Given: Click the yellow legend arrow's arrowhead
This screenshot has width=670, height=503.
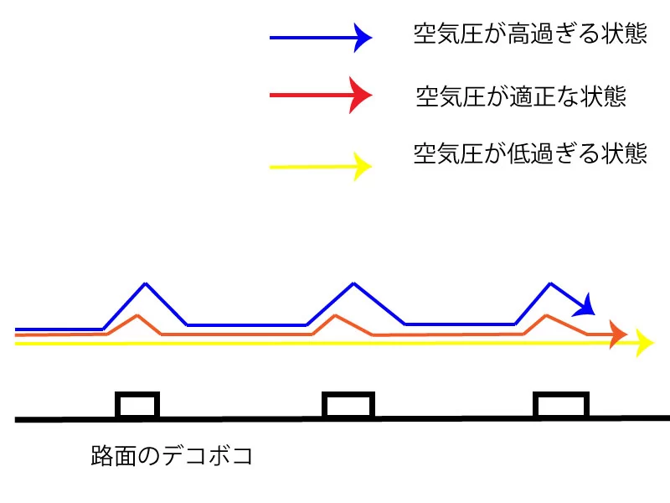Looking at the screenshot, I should pyautogui.click(x=362, y=167).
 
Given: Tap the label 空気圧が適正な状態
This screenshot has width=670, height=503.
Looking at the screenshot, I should pyautogui.click(x=521, y=96).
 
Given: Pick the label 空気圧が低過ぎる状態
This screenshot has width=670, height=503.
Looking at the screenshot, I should pyautogui.click(x=529, y=154).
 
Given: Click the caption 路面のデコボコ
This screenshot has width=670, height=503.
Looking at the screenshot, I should pyautogui.click(x=171, y=457).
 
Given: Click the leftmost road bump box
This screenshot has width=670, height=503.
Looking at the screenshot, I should pyautogui.click(x=137, y=406).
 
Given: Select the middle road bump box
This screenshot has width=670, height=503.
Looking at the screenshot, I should pyautogui.click(x=348, y=406).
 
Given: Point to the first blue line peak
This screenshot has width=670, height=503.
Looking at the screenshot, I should pyautogui.click(x=147, y=284).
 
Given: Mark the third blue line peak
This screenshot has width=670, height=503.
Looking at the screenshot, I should pyautogui.click(x=549, y=284).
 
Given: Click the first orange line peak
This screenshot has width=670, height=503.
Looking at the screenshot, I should pyautogui.click(x=136, y=316).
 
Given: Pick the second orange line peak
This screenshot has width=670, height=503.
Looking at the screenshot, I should pyautogui.click(x=336, y=316).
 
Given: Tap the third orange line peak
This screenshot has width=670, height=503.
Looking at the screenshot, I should pyautogui.click(x=546, y=316).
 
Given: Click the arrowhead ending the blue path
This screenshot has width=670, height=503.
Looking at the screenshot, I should pyautogui.click(x=588, y=305).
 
